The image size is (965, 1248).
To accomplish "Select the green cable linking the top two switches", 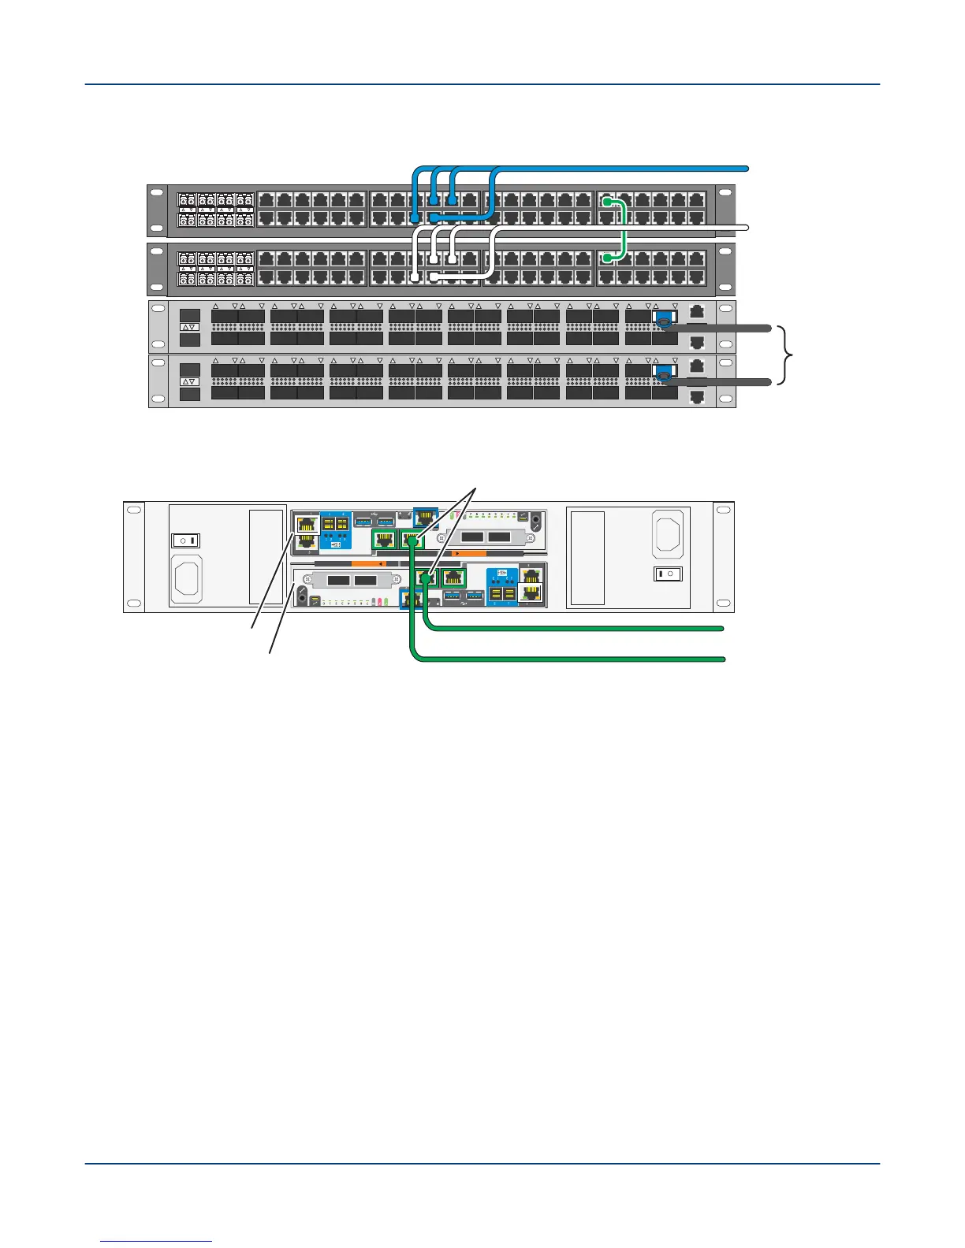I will coord(624,229).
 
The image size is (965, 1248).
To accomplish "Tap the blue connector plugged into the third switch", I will coord(664,320).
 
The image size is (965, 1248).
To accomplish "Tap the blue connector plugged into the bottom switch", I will coord(664,375).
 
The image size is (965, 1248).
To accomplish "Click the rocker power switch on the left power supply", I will coord(187,540).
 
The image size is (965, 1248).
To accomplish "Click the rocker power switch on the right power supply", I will coord(667,574).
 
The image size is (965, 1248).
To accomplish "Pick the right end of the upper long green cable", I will coord(721,628).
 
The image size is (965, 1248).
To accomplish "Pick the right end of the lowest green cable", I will coord(721,658).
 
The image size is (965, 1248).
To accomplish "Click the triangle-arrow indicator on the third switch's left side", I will coord(190,326).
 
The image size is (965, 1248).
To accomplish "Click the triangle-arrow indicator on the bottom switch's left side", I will coord(190,381).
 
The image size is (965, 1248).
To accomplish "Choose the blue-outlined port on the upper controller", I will coord(426,518).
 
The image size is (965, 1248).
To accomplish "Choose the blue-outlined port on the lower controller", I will coord(408,599).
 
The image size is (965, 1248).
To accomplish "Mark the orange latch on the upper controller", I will coord(366,563).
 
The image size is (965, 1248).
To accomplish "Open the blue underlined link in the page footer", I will coord(157,1241).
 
